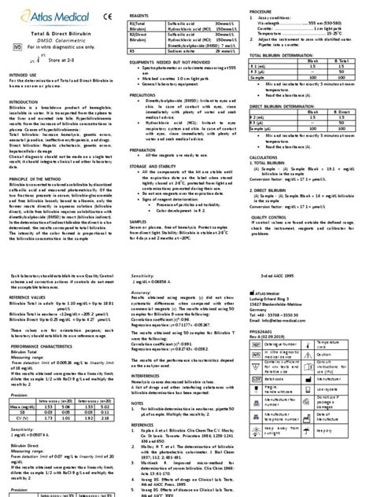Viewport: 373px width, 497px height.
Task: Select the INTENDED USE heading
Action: [22, 75]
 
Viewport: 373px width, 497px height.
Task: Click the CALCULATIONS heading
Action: [264, 157]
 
